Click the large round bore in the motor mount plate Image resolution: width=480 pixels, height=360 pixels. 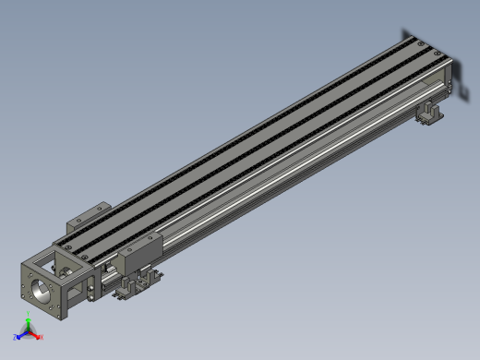[42, 293]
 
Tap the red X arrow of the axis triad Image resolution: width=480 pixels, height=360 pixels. [35, 336]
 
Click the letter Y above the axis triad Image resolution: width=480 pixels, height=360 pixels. [29, 317]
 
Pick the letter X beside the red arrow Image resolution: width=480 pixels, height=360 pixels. [42, 338]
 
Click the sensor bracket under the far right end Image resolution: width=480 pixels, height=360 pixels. [431, 114]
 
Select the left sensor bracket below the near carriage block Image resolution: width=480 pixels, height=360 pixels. [125, 294]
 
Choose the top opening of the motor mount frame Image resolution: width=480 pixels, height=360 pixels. [69, 250]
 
